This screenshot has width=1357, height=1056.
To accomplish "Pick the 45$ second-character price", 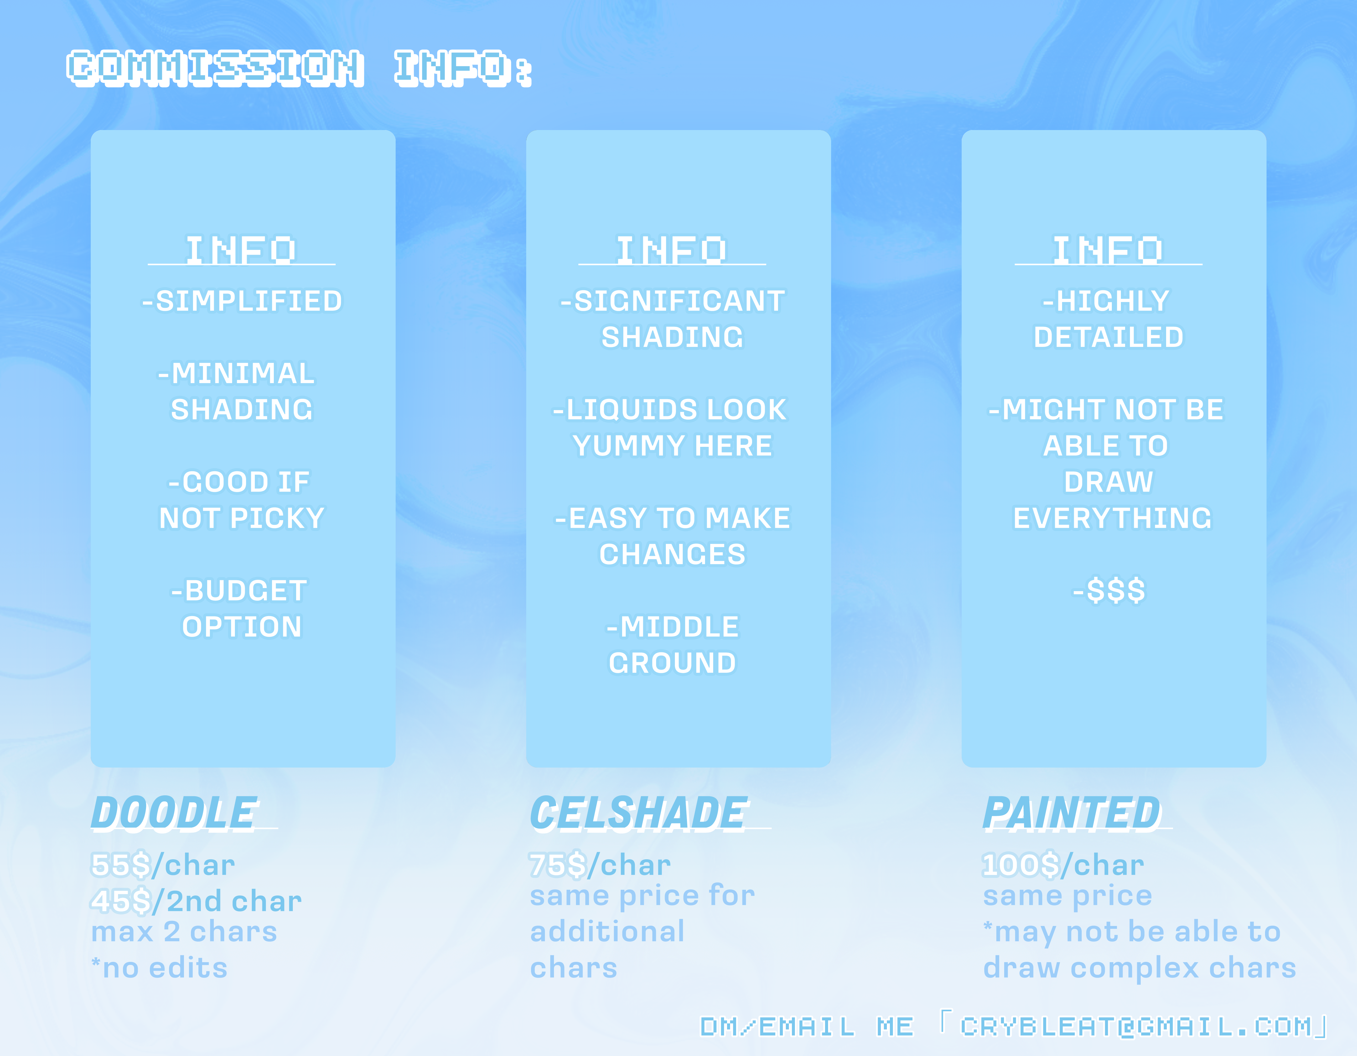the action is pos(121,901).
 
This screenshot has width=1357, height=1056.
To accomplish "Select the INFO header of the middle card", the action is pos(672,250).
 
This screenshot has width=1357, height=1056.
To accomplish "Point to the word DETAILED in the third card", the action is pos(1109,338).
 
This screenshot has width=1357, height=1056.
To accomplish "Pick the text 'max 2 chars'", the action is pos(184,932).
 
